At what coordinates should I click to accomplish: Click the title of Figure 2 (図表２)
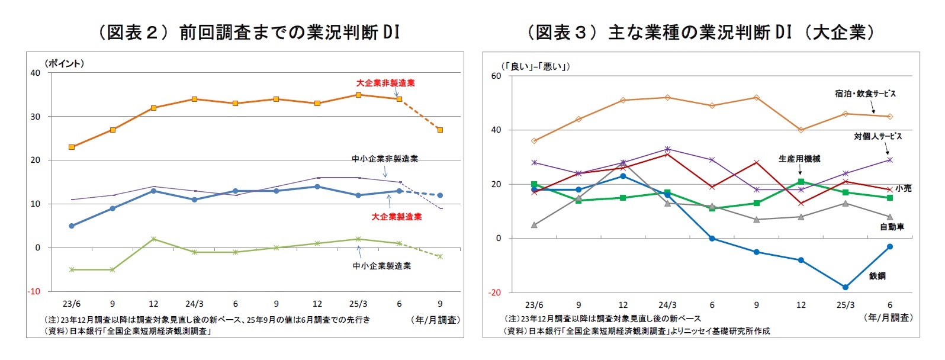tap(249, 32)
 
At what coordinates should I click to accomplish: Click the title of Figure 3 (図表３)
tap(701, 32)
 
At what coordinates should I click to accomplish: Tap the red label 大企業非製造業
tap(385, 83)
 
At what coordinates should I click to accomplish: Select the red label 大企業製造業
tap(397, 217)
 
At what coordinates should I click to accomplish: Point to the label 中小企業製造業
tap(382, 266)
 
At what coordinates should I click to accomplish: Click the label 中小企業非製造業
tap(385, 159)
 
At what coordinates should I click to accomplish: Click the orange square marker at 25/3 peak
tap(358, 95)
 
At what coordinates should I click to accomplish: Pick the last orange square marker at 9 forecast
tap(440, 130)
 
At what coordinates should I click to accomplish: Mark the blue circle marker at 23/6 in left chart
tap(72, 226)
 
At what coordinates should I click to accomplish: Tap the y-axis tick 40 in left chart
tap(36, 73)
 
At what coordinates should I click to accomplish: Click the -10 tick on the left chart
tap(34, 291)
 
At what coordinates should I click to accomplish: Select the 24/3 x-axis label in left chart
tap(194, 304)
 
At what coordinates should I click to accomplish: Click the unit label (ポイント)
tap(64, 63)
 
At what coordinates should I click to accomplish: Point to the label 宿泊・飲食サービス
tap(865, 94)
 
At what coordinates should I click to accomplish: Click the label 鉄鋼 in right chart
tap(877, 276)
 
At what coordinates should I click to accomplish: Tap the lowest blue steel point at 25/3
tap(845, 287)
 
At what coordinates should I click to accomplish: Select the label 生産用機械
tap(799, 159)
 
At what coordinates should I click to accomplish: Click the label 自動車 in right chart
tap(892, 227)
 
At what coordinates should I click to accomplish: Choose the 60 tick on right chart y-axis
tap(496, 76)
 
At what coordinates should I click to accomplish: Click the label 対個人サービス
tap(877, 136)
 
